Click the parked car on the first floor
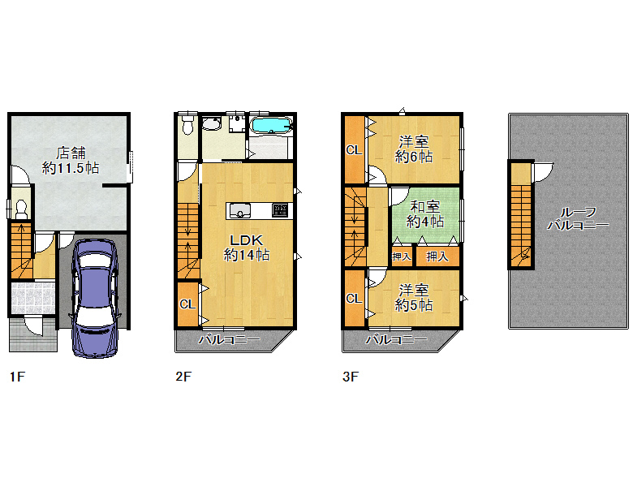point(95,298)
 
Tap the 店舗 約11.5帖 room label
point(71,161)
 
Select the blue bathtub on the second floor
point(271,125)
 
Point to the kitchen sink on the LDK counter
point(240,211)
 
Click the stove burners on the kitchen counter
point(280,210)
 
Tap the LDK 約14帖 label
point(247,248)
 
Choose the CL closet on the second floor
point(187,304)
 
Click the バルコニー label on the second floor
point(229,340)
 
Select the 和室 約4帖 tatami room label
point(424,214)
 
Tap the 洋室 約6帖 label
point(414,149)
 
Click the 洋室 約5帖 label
point(414,298)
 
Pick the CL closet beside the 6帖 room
point(354,150)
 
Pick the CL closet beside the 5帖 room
point(354,299)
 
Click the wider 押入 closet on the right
point(437,256)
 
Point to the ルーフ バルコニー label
point(578,218)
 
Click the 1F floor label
point(17,377)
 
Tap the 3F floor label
point(351,377)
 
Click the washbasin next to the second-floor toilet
point(211,123)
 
